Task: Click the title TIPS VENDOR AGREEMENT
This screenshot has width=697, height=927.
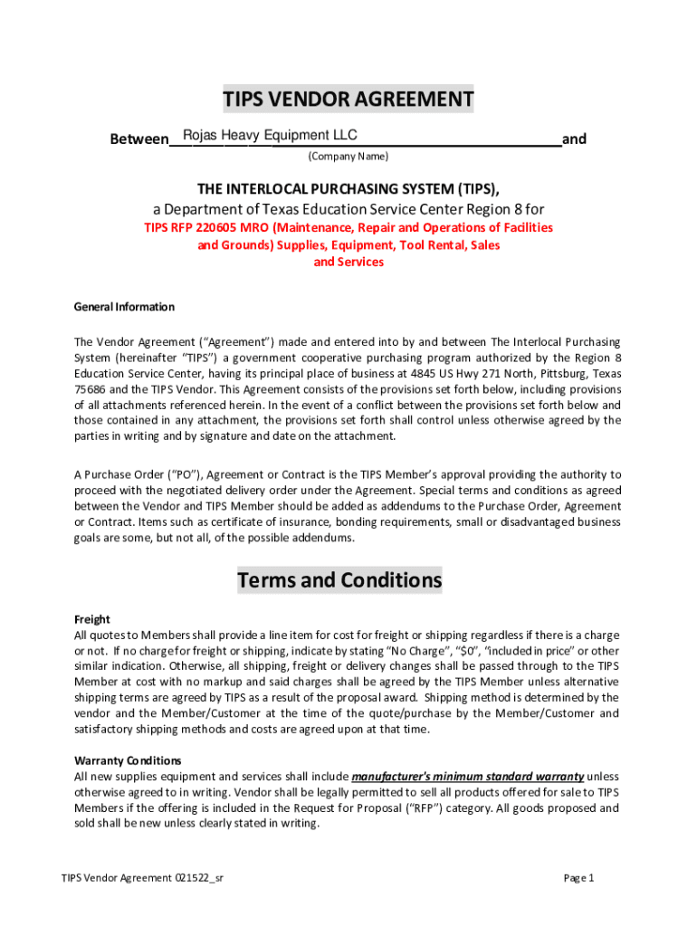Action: click(348, 100)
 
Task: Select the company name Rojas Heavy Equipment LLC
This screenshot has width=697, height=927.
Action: click(270, 136)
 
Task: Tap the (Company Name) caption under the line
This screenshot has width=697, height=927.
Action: click(348, 157)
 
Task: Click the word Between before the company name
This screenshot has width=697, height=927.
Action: click(138, 139)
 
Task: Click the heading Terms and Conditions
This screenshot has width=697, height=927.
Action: click(339, 579)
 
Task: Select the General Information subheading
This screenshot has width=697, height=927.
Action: click(124, 307)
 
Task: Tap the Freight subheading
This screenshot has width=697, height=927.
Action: click(91, 620)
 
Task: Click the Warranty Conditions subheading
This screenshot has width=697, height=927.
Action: click(128, 760)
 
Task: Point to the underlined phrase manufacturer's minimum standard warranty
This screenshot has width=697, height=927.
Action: click(467, 777)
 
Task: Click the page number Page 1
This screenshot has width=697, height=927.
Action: click(578, 878)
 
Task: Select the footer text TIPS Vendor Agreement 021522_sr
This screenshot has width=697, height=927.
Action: click(142, 878)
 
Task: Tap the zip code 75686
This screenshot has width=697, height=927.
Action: click(91, 389)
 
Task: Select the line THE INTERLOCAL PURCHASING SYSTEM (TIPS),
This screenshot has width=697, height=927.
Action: click(348, 188)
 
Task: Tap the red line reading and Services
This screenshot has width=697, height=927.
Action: click(348, 263)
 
